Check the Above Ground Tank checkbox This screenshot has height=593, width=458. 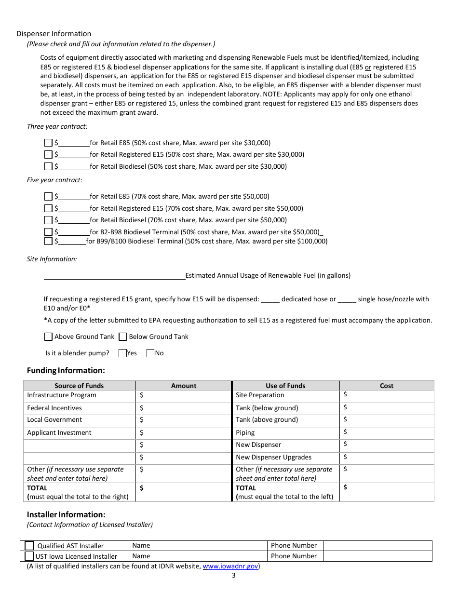(x=48, y=337)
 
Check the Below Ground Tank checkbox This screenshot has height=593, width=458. (x=122, y=337)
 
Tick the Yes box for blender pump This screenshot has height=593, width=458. (x=122, y=353)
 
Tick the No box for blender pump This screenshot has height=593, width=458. (x=150, y=353)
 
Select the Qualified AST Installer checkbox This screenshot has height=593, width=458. (x=29, y=546)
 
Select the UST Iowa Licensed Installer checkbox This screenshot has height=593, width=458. (x=29, y=556)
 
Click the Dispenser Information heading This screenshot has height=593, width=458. (x=54, y=34)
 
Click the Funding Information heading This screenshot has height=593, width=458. (x=66, y=370)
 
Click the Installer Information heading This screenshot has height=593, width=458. (x=66, y=514)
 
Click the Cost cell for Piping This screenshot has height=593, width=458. (x=386, y=432)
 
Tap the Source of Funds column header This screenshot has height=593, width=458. (x=79, y=386)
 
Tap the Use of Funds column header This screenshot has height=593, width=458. (x=285, y=386)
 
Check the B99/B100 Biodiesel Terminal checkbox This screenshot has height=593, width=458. (x=48, y=241)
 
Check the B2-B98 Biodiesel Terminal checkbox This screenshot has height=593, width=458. (x=48, y=232)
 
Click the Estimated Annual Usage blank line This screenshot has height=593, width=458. (x=114, y=275)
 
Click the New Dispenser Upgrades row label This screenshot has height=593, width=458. (x=273, y=457)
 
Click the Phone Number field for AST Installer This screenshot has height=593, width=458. (x=377, y=546)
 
